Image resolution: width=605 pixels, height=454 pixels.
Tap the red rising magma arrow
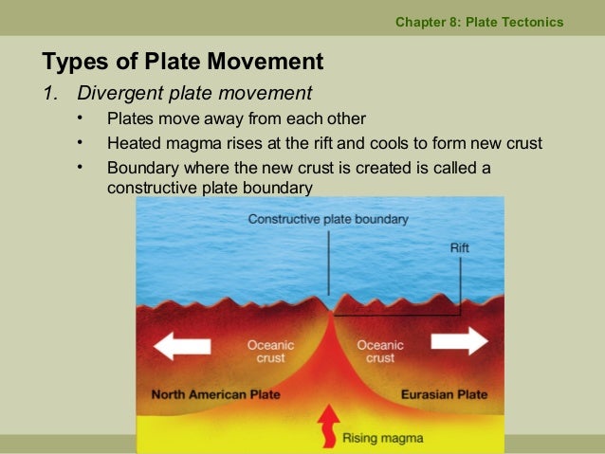326,424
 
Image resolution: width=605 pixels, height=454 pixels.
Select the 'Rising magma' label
382,438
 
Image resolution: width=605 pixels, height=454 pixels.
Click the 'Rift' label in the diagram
460,248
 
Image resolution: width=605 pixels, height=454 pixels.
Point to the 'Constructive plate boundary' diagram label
328,219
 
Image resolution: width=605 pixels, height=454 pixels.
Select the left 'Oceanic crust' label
271,352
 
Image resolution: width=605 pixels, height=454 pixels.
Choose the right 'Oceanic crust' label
380,352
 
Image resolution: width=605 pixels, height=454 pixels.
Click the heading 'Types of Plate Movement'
183,63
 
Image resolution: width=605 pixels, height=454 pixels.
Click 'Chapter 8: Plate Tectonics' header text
479,22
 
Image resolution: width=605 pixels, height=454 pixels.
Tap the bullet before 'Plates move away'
82,118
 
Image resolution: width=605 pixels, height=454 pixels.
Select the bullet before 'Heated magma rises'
82,143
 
